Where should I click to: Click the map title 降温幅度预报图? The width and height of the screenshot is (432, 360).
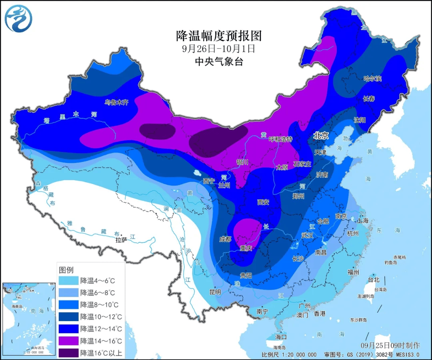click(x=219, y=36)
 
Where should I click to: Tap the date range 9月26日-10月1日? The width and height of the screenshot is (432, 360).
click(x=218, y=49)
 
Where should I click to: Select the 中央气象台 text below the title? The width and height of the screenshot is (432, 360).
click(x=219, y=62)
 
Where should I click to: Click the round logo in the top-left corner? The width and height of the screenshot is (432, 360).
click(x=19, y=18)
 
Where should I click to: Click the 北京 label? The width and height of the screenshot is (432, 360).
click(x=321, y=136)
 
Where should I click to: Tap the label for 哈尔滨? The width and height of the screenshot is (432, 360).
click(x=372, y=79)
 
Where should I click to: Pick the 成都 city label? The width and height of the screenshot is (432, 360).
click(x=225, y=239)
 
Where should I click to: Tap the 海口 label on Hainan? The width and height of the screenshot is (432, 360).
click(x=281, y=336)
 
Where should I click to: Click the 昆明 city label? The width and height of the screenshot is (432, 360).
click(x=215, y=292)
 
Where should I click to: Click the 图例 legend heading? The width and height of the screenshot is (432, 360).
click(x=66, y=269)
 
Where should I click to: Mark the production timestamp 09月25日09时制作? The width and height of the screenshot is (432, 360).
click(x=390, y=345)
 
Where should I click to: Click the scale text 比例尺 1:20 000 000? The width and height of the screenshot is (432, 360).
click(x=289, y=355)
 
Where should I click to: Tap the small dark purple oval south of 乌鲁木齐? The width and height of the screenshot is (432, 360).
click(x=158, y=131)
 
